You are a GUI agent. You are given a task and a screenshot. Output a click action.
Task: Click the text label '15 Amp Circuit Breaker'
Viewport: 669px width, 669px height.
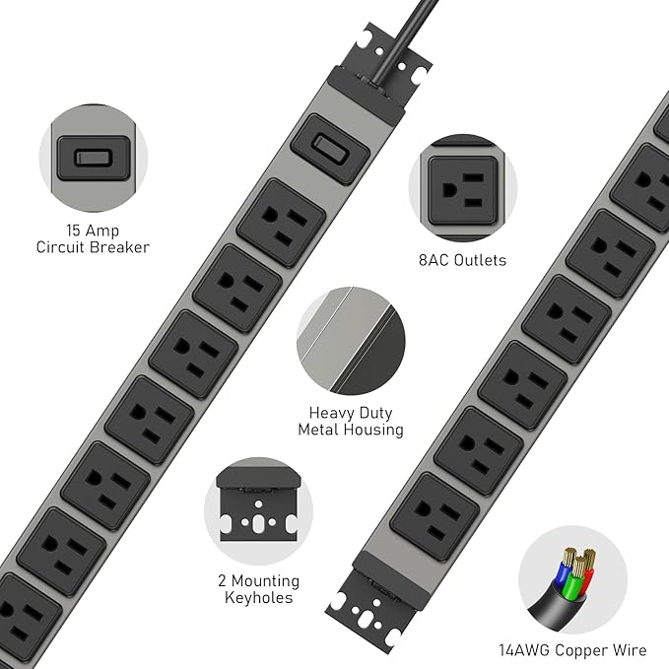(x=93, y=238)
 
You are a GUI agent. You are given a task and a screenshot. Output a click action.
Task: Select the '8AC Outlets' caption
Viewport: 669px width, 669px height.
(x=462, y=260)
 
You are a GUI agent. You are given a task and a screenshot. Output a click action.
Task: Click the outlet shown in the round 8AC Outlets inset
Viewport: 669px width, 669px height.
(x=461, y=188)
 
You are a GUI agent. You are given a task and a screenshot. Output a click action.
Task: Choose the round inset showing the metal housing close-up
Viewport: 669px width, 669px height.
(x=350, y=341)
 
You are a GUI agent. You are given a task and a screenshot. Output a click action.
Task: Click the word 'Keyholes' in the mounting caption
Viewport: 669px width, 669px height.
(x=258, y=597)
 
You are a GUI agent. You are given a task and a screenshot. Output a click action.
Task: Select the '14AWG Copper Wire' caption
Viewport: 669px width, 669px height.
(x=572, y=649)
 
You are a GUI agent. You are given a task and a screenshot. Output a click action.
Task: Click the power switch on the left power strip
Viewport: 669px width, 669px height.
(x=329, y=149)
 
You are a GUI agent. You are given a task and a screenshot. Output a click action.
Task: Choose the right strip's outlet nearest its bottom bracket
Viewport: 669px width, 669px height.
(x=434, y=515)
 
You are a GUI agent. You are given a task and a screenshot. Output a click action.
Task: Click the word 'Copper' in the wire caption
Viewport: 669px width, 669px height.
(x=574, y=649)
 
